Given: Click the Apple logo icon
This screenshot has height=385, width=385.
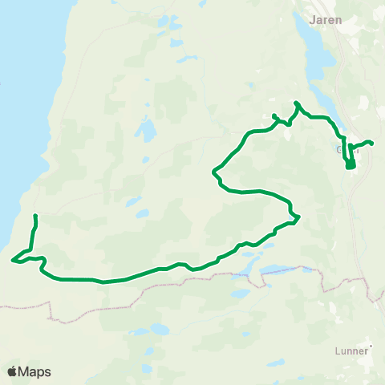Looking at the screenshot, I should [x=13, y=371].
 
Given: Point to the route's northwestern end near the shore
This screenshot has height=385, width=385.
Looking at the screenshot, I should [x=34, y=216].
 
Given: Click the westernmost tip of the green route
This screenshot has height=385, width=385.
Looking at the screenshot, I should [x=12, y=259].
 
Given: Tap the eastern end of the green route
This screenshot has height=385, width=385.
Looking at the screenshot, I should [x=372, y=144].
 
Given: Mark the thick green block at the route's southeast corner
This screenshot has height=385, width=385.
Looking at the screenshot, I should [x=351, y=164].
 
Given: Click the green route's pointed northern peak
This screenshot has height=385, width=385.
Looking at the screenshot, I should [x=297, y=103].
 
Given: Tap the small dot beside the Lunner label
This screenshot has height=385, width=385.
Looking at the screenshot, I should [x=371, y=347].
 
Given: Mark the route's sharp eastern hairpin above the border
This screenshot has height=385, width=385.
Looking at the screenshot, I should [x=298, y=217].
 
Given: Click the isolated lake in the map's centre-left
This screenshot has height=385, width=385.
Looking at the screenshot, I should [x=146, y=130].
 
